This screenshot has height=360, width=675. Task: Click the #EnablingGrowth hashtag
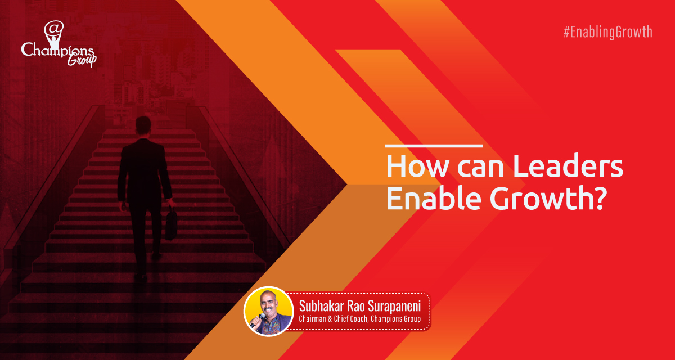pyautogui.click(x=607, y=32)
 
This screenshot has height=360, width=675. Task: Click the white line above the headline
pyautogui.click(x=433, y=146)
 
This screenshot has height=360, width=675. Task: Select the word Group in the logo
pyautogui.click(x=82, y=60)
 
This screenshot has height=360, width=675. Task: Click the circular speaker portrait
pyautogui.click(x=269, y=312)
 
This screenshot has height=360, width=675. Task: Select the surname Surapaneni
pyautogui.click(x=396, y=307)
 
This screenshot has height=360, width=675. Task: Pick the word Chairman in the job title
pyautogui.click(x=314, y=319)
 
